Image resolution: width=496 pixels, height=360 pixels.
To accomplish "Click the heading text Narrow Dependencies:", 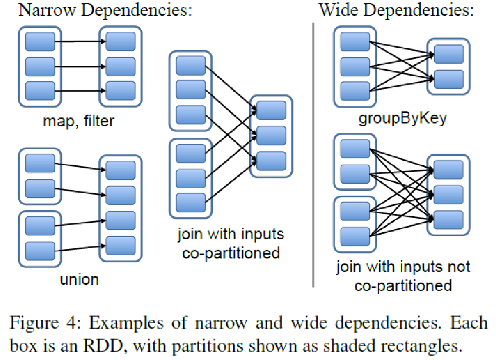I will [x=105, y=10].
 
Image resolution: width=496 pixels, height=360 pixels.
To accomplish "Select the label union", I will [x=79, y=279].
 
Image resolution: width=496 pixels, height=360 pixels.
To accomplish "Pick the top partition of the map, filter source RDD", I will [x=40, y=41].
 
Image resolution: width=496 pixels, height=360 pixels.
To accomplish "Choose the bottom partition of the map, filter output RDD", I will [x=121, y=89].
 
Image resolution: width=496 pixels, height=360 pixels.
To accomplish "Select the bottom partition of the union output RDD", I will [x=121, y=245].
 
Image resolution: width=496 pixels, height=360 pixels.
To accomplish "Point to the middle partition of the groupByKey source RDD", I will [x=354, y=66].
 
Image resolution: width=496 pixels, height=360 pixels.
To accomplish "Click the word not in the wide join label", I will [x=458, y=267].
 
